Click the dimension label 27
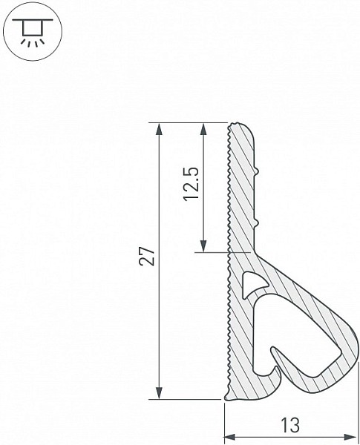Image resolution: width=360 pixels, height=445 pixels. coord(148,257)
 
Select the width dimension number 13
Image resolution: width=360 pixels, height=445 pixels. coord(290,426)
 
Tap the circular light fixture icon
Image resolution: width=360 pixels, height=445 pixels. coord(33,30)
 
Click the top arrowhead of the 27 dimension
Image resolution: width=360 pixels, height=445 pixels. coord(160,129)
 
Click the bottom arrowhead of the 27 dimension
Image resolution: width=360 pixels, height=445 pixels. coord(160,392)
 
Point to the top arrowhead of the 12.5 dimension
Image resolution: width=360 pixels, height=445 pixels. coord(203,129)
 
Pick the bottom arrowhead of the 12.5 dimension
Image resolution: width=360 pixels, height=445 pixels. coord(203,245)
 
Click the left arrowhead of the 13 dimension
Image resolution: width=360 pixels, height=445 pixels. coord(231,437)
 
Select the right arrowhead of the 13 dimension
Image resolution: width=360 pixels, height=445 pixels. coord(350,437)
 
